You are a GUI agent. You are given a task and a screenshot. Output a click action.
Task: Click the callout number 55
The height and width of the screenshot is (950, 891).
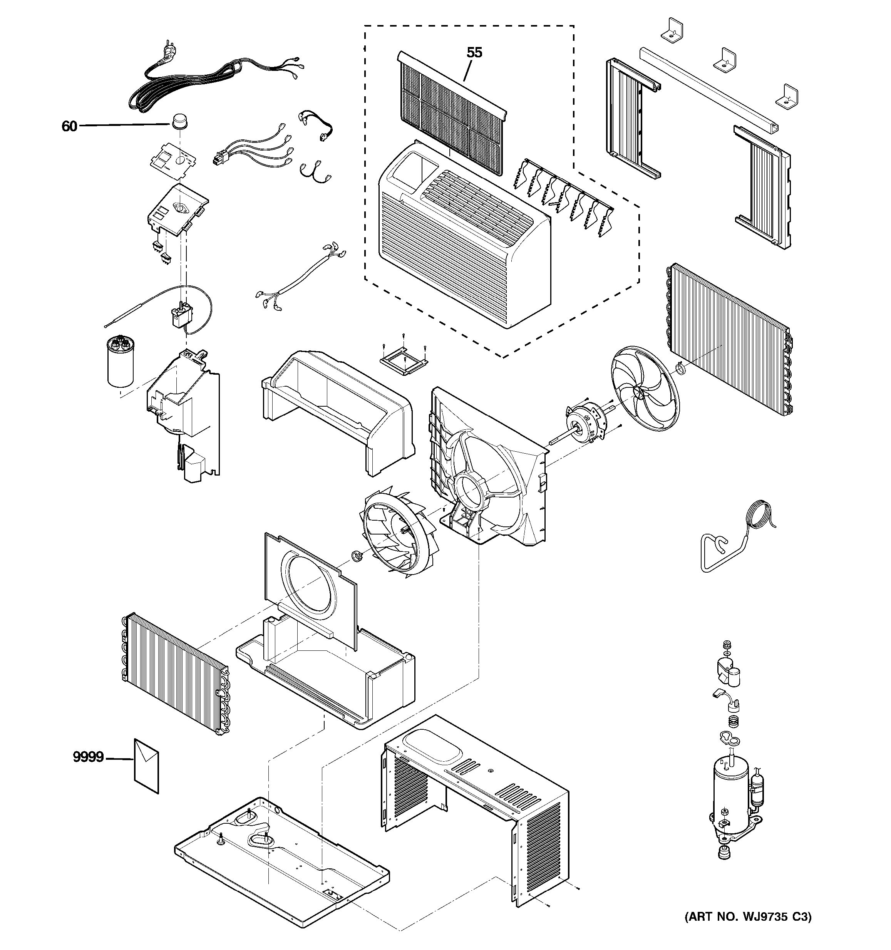click(474, 53)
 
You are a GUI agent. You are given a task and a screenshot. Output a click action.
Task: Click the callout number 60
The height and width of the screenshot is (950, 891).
click(69, 126)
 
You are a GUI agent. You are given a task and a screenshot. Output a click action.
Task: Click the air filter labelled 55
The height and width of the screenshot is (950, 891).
click(449, 112)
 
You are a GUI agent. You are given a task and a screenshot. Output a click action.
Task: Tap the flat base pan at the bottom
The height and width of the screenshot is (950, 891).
click(282, 870)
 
